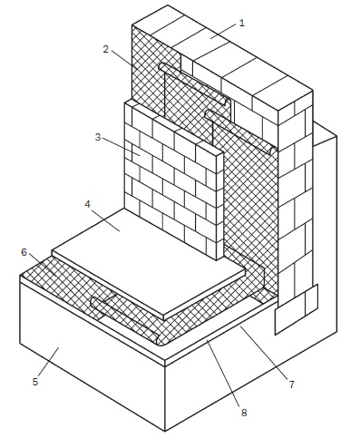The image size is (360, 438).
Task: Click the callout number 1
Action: [241, 24]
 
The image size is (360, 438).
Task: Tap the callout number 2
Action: [105, 49]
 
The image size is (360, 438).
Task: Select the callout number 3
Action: [98, 137]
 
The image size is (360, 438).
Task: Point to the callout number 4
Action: [87, 204]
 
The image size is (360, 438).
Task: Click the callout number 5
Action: [35, 382]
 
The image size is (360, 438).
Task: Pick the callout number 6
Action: [24, 252]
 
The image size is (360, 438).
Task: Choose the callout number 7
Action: [291, 384]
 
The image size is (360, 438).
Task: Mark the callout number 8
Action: [244, 413]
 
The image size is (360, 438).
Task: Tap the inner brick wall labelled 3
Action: [174, 180]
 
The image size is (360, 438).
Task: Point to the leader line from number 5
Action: [49, 361]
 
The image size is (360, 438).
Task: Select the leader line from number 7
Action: [263, 353]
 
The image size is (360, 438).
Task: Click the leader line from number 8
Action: [223, 373]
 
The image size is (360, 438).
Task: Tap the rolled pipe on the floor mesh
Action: [127, 320]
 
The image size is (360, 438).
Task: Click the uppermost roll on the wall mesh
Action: [195, 84]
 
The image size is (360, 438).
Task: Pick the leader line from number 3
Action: [121, 147]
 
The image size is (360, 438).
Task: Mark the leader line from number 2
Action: [123, 58]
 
